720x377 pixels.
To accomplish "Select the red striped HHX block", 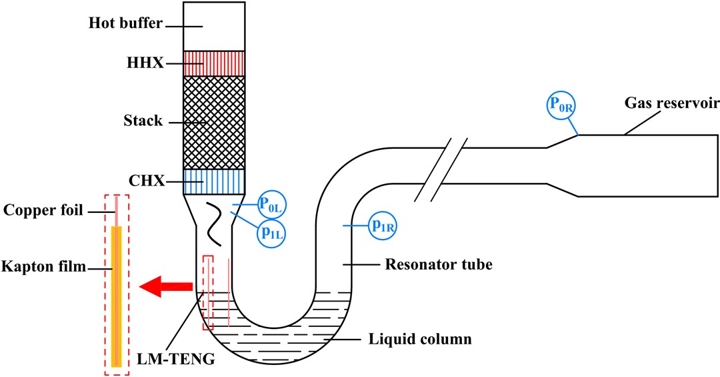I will point(214,63).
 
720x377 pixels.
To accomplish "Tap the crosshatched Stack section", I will point(214,122).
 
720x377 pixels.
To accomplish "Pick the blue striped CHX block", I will point(214,180).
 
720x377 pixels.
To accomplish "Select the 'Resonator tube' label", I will point(439,265).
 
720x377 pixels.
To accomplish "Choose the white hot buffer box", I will point(214,25).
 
